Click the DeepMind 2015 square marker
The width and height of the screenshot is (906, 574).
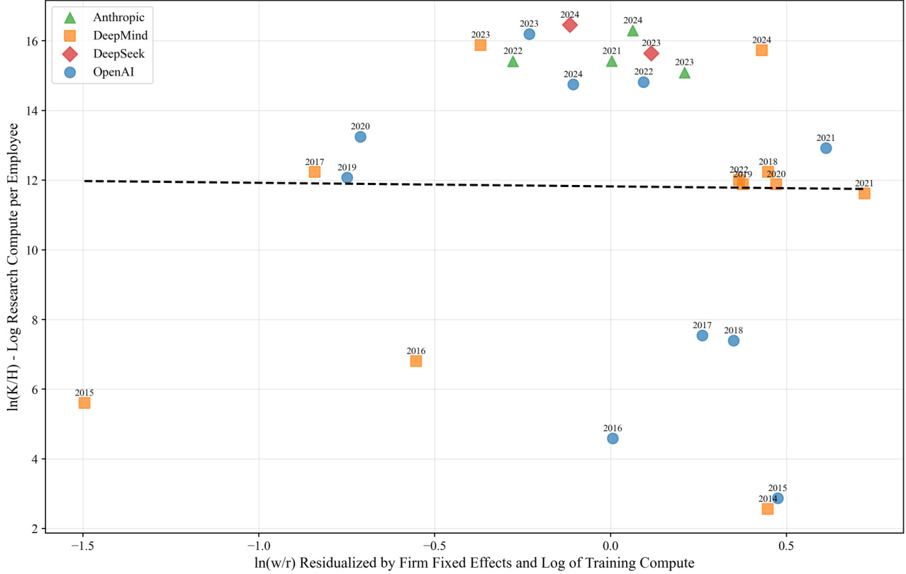(x=84, y=403)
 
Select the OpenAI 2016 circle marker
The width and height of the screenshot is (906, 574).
(x=613, y=438)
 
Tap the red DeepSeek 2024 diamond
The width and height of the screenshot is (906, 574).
(x=569, y=25)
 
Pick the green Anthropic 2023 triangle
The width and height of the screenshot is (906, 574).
(x=684, y=72)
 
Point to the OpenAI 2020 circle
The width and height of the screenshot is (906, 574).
(x=360, y=137)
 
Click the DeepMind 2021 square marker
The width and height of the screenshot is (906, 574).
(x=864, y=193)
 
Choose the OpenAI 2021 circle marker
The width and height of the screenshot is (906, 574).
(x=826, y=148)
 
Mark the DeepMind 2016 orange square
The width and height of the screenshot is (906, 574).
(x=416, y=361)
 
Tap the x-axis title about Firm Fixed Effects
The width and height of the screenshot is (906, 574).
(x=475, y=563)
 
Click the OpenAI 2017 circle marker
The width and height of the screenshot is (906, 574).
(x=702, y=335)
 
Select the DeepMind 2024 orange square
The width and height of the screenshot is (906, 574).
(x=761, y=50)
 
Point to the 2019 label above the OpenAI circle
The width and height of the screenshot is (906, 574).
(x=347, y=167)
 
